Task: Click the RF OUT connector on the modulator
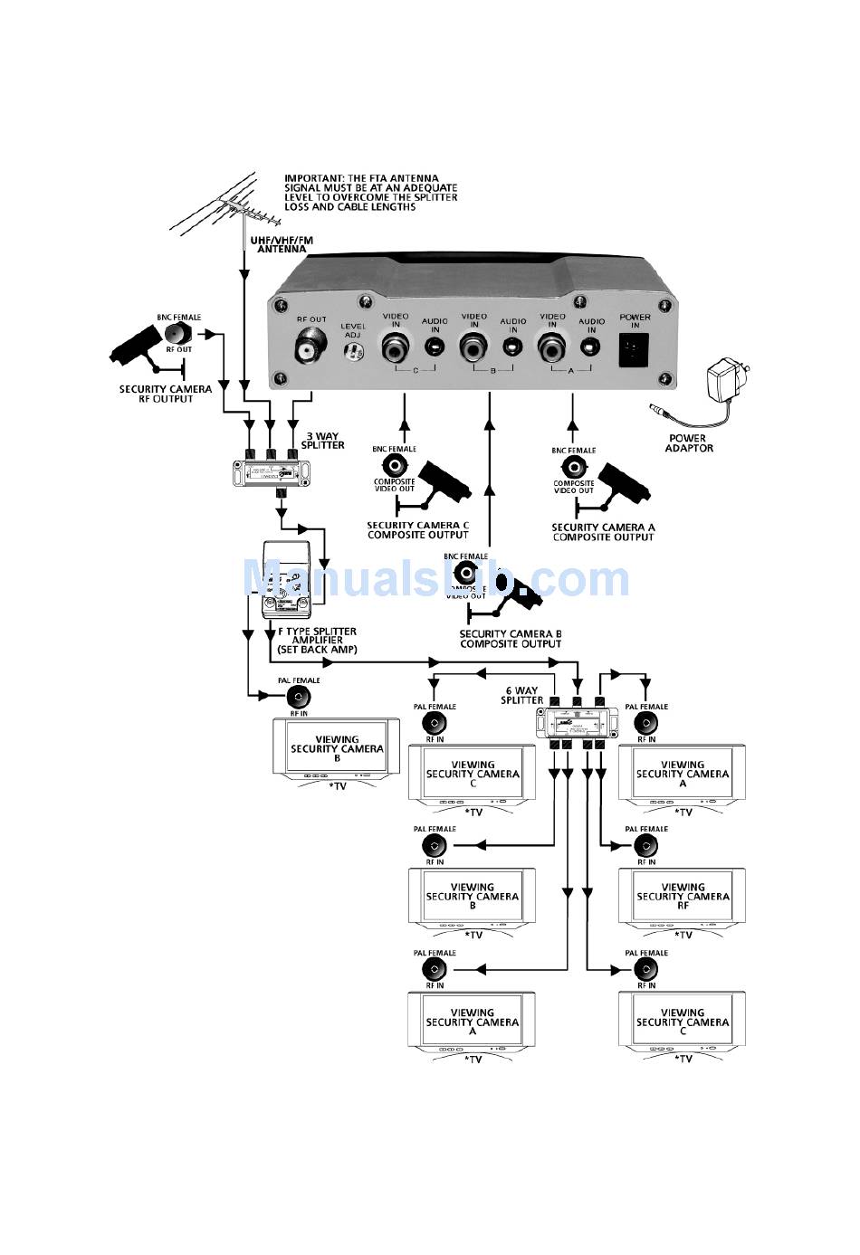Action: [x=311, y=347]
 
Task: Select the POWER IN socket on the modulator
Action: [x=634, y=349]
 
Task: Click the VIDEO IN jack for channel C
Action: [x=396, y=347]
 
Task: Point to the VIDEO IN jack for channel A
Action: [x=552, y=347]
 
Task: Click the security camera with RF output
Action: [x=145, y=348]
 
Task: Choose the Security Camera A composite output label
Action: [x=603, y=532]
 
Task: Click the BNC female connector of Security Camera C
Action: [x=395, y=466]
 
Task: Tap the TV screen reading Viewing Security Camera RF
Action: [x=683, y=898]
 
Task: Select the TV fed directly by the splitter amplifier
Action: [x=337, y=749]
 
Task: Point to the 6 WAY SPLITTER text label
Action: [x=522, y=696]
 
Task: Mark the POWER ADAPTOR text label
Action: [x=689, y=443]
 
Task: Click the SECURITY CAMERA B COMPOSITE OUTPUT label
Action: [x=511, y=639]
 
